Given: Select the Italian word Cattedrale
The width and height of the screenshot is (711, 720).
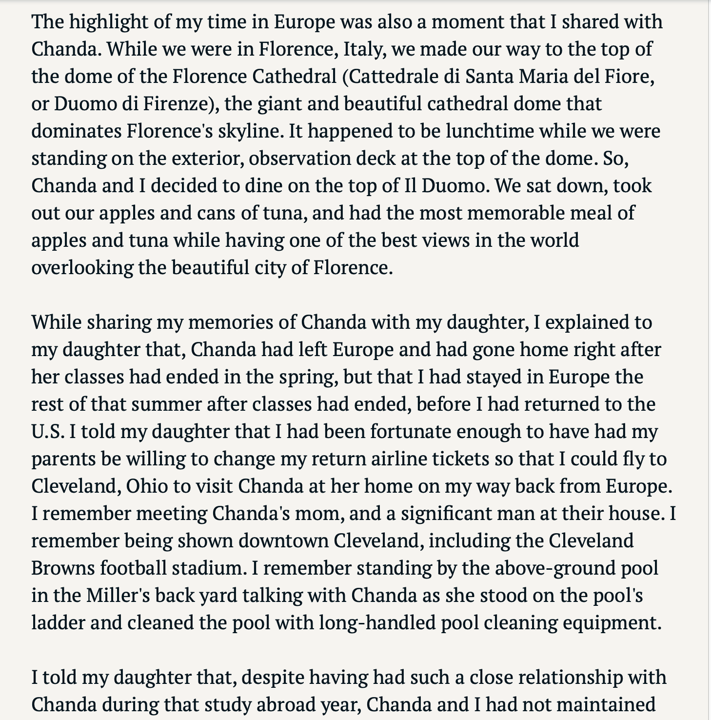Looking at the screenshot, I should (x=392, y=77).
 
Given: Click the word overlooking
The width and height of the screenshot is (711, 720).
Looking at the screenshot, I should (x=81, y=268).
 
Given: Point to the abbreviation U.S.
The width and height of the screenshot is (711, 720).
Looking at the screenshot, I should (x=48, y=432).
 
